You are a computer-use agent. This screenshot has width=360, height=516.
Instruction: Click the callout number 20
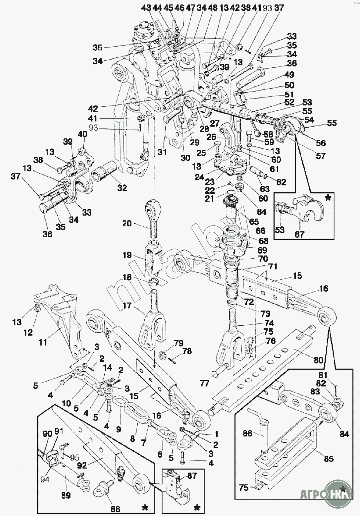tap(127, 224)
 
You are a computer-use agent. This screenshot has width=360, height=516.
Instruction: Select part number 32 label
tap(122, 188)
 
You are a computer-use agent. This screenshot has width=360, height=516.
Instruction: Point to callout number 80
tap(318, 360)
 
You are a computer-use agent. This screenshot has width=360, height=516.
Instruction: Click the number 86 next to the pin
tap(248, 434)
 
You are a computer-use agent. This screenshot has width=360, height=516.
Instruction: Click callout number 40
tap(83, 134)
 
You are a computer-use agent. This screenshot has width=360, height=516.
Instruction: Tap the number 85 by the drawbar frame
tap(329, 458)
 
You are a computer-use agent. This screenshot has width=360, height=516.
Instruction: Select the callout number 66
tap(260, 231)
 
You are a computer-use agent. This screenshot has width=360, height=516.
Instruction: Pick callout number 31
tap(162, 152)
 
